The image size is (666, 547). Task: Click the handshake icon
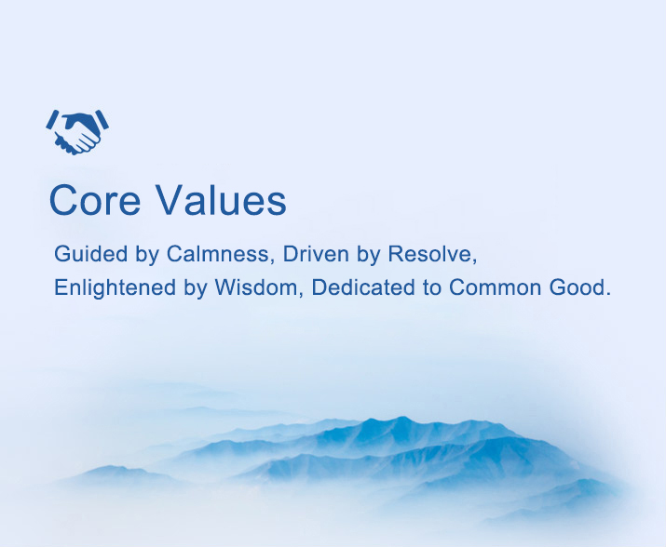tap(77, 132)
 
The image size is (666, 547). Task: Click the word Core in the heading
tap(95, 199)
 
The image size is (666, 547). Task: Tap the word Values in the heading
tap(222, 199)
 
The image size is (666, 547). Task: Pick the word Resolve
tap(432, 254)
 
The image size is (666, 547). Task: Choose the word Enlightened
tap(115, 287)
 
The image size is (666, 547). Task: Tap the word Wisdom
tap(259, 287)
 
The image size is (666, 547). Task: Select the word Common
tap(495, 287)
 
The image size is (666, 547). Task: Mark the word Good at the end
tap(577, 287)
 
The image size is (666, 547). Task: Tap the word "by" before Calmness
tap(147, 255)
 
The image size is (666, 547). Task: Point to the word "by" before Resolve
tap(368, 255)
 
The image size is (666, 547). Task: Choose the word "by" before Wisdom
tap(195, 288)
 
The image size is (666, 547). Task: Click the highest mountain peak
tap(401, 418)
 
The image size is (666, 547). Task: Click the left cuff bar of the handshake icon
tap(52, 120)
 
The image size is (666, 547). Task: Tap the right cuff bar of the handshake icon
tap(102, 120)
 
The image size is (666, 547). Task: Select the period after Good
tap(608, 295)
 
